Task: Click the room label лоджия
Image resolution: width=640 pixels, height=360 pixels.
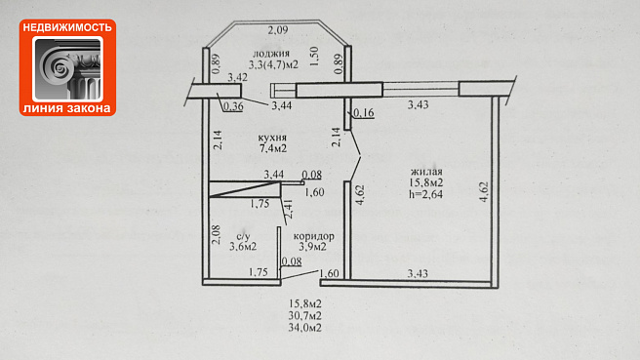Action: (x=271, y=54)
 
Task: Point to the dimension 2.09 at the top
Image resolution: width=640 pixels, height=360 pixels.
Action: (x=278, y=30)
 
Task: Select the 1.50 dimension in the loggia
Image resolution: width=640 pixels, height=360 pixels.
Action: (x=314, y=56)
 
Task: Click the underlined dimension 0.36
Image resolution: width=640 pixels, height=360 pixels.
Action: (x=233, y=107)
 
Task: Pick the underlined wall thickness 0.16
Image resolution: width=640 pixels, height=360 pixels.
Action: (x=364, y=113)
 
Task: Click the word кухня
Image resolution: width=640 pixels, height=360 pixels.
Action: (x=272, y=138)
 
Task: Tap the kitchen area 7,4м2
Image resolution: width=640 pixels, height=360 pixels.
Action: (x=272, y=148)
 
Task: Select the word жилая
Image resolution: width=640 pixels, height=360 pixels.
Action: (x=426, y=172)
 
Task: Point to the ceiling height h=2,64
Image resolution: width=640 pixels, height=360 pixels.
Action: (x=425, y=194)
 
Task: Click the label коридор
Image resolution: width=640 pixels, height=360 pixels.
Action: (x=313, y=236)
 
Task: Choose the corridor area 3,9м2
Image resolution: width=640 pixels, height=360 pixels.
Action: (x=312, y=247)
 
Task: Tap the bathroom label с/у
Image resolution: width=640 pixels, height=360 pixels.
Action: (x=243, y=236)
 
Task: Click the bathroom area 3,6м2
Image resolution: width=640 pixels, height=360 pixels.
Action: (x=243, y=247)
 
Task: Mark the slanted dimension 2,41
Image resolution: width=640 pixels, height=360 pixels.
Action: (x=288, y=210)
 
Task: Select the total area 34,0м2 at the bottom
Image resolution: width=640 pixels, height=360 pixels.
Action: (x=305, y=328)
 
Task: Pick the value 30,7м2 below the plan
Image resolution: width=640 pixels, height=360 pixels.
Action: (x=305, y=315)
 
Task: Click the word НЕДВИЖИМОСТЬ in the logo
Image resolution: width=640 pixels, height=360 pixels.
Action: (x=67, y=27)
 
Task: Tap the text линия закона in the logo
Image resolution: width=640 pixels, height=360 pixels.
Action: (x=67, y=108)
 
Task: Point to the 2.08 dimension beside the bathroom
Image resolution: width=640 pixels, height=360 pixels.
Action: (x=217, y=235)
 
